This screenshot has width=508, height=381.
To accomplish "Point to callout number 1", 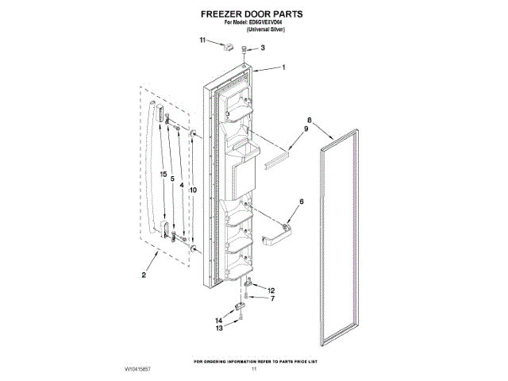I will click(x=283, y=68).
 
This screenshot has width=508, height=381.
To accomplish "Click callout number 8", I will click(x=310, y=121).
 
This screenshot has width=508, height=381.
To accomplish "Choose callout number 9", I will click(x=306, y=129).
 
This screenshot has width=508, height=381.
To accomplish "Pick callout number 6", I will click(x=301, y=202).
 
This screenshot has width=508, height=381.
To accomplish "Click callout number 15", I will click(x=163, y=174).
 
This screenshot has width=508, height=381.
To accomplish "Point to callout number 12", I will click(x=271, y=290).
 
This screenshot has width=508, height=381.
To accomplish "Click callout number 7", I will click(x=271, y=299).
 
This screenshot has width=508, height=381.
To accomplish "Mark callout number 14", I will click(x=220, y=320).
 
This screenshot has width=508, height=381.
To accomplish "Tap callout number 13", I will click(x=220, y=329).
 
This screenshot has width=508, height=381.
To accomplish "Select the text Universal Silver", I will click(x=254, y=29).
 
